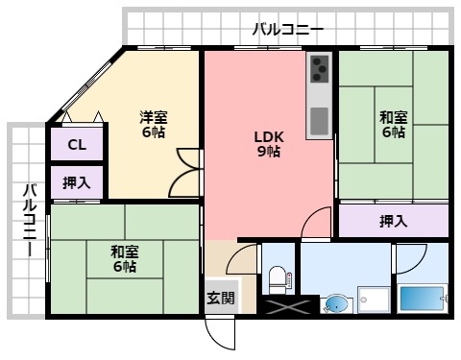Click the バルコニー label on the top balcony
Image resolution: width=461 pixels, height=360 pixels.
287,29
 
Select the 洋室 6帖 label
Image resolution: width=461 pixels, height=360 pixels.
153,124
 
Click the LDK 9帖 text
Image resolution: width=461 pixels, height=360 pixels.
268,143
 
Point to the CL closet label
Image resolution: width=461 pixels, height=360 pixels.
77,146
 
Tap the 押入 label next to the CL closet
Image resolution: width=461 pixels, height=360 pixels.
77,182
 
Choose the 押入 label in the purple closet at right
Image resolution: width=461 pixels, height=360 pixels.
393,222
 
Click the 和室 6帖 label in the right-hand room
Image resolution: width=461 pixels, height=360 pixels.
393,125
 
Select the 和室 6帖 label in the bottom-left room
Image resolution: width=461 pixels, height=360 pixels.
123,258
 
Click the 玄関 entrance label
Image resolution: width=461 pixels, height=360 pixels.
220,298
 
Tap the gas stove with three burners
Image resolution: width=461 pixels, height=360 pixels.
318,69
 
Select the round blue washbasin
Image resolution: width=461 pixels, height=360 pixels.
335,303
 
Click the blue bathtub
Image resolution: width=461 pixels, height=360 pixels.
420,299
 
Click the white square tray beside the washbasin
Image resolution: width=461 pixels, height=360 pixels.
373,300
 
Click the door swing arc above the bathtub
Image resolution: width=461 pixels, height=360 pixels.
408,257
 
